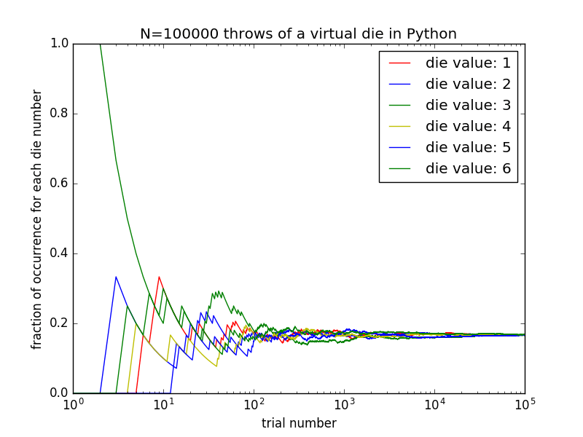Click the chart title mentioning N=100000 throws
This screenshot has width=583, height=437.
point(298,34)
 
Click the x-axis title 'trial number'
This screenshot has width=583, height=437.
point(299,423)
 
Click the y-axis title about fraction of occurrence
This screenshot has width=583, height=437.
point(37,219)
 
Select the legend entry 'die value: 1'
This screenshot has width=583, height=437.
point(468,63)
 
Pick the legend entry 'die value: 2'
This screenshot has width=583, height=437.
point(468,84)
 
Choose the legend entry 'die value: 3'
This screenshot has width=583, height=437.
point(468,105)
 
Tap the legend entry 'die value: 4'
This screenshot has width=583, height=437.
point(468,126)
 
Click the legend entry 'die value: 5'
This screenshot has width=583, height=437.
point(468,147)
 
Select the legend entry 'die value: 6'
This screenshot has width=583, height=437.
point(468,168)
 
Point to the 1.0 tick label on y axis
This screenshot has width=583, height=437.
point(59,44)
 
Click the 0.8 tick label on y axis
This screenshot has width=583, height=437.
point(59,114)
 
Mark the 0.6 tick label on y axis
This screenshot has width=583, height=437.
point(59,184)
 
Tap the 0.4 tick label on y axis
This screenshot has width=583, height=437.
point(59,253)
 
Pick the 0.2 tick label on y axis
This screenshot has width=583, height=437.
point(59,323)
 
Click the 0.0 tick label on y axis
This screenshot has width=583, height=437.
point(59,393)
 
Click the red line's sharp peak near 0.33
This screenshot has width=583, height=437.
point(159,277)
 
